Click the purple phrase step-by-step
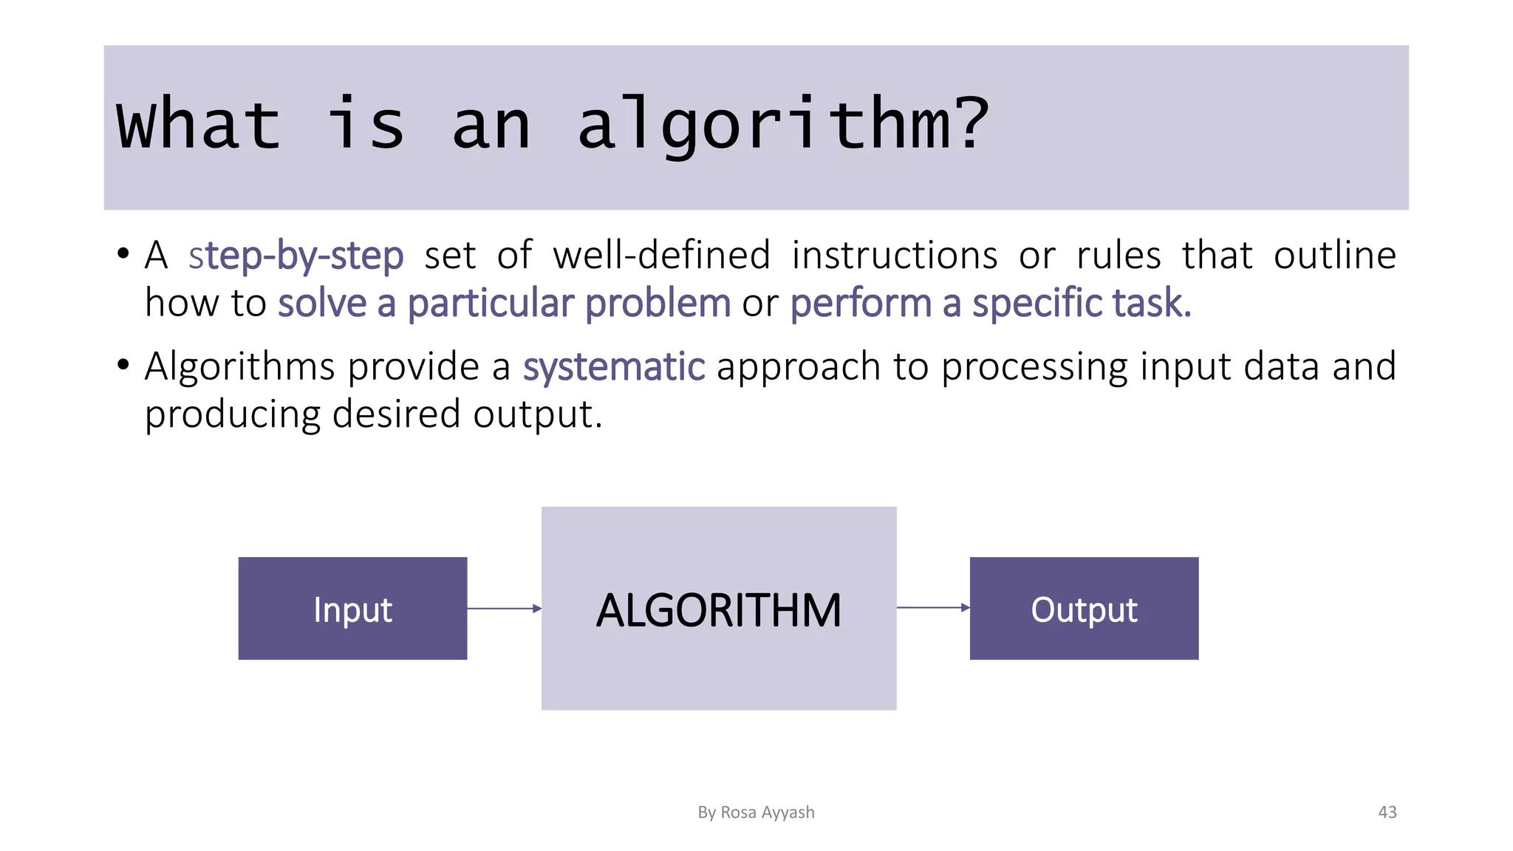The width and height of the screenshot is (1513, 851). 296,256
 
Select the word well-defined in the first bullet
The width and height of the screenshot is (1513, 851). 662,256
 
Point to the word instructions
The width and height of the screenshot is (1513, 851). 894,256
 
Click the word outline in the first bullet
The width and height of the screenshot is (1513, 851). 1334,256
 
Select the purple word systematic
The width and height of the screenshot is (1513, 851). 614,367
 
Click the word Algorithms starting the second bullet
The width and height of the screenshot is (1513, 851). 239,367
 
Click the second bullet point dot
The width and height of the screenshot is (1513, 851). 123,366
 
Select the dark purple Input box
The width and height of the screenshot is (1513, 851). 352,608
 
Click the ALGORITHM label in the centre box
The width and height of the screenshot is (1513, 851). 718,611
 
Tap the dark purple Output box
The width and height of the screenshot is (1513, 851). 1084,608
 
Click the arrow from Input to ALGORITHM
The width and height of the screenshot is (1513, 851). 504,609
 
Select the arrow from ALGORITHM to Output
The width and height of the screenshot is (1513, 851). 932,608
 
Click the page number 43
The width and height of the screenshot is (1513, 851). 1387,813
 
